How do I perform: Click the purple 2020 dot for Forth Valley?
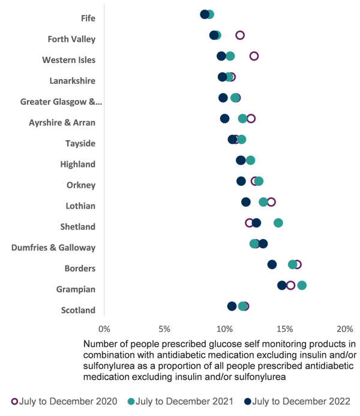tap(240, 35)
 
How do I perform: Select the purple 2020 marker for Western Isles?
tap(254, 56)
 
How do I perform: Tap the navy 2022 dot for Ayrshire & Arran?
tap(224, 119)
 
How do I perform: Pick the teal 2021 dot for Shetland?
tap(278, 223)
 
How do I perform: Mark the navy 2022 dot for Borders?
tap(272, 264)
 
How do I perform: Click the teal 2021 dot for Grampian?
tap(302, 285)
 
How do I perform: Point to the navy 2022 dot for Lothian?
tap(246, 202)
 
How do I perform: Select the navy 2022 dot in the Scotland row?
tap(232, 306)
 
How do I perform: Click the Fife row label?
tap(88, 18)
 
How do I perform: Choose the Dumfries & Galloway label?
tap(53, 248)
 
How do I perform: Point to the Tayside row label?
tap(80, 143)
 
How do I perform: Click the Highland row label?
tap(78, 164)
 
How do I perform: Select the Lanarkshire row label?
tap(73, 80)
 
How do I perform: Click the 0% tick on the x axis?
tap(104, 329)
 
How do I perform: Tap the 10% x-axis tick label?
tap(224, 329)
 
